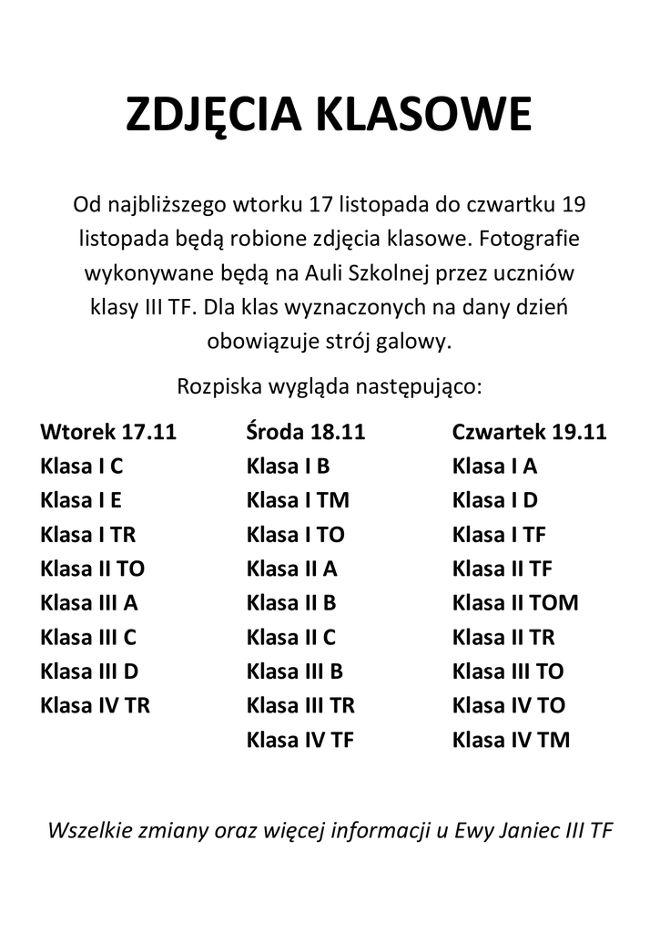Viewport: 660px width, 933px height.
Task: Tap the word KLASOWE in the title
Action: (x=423, y=116)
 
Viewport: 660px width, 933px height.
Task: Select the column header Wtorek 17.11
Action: (x=108, y=431)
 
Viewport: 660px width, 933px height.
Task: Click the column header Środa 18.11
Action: (x=305, y=431)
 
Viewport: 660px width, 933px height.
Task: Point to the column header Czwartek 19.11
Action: (x=529, y=431)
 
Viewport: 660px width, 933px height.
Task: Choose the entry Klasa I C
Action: (x=81, y=466)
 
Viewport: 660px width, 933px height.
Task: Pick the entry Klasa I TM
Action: (x=298, y=500)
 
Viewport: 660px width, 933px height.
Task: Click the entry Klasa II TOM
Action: (x=514, y=602)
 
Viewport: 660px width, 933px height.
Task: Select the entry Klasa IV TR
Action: (x=95, y=704)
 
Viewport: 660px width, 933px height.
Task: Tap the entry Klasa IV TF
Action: (x=300, y=739)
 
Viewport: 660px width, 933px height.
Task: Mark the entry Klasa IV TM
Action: (x=511, y=739)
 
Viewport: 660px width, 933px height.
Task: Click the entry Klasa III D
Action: (x=89, y=671)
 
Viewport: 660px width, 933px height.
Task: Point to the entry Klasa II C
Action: (x=290, y=636)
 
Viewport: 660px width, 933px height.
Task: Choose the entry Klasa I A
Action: (x=494, y=466)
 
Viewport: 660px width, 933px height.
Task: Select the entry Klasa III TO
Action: (x=508, y=671)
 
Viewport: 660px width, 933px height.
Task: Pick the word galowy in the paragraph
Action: (x=418, y=343)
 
